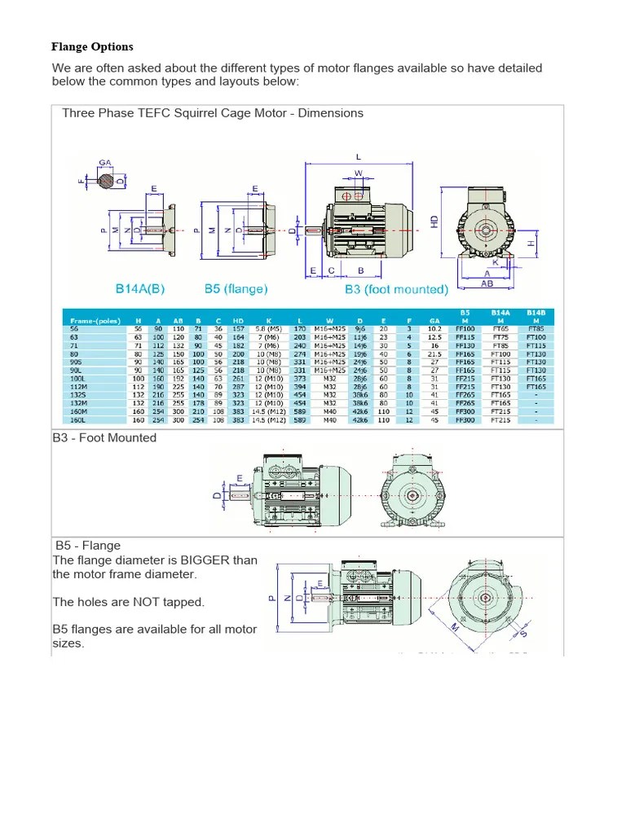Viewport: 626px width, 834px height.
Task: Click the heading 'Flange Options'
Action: [x=93, y=46]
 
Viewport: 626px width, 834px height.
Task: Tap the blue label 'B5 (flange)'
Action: [x=236, y=288]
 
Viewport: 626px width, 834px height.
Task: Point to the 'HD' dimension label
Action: [x=434, y=221]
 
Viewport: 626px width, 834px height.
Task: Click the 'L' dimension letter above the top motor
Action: [x=358, y=156]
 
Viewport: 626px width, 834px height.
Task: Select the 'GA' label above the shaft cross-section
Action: [x=104, y=162]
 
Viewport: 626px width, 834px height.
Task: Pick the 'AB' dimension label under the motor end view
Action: [x=487, y=284]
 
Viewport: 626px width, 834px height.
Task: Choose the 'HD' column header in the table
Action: [x=238, y=321]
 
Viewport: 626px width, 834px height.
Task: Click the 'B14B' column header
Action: [x=536, y=312]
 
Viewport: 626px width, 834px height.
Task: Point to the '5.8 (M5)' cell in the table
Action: [x=269, y=328]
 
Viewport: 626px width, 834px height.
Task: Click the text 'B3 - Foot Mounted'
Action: [x=104, y=437]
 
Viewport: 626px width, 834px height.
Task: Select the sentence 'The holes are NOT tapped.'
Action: [x=128, y=602]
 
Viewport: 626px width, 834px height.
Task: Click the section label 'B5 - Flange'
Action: [x=88, y=545]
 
